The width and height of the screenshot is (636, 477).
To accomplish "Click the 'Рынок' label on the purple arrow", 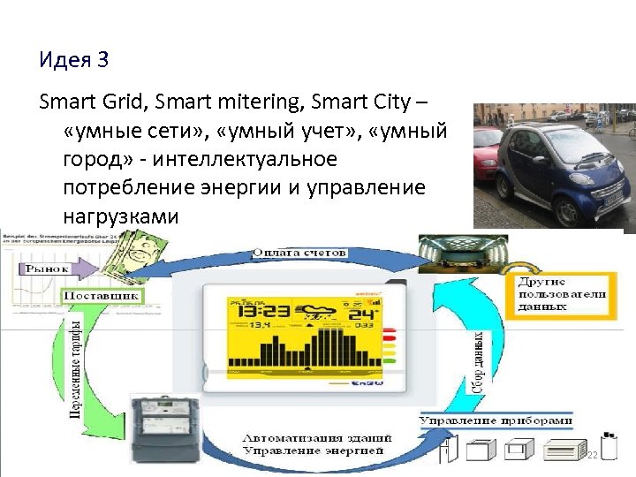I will [x=48, y=268].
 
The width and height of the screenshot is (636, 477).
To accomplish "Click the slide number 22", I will [x=593, y=453].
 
